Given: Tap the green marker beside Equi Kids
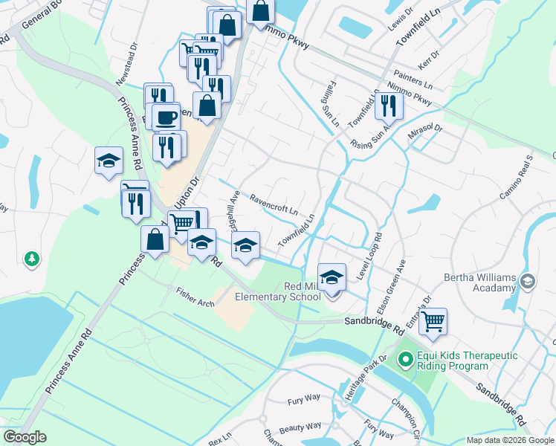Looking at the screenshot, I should tap(405, 361).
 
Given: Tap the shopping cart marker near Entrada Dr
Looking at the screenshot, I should tap(433, 322).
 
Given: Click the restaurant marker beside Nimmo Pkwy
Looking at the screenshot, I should tap(388, 106).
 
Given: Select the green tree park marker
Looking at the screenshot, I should tap(31, 259).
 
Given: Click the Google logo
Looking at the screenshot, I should tap(25, 437).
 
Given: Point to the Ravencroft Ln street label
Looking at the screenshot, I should tap(274, 204).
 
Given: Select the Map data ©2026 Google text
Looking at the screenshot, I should tap(510, 440).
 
